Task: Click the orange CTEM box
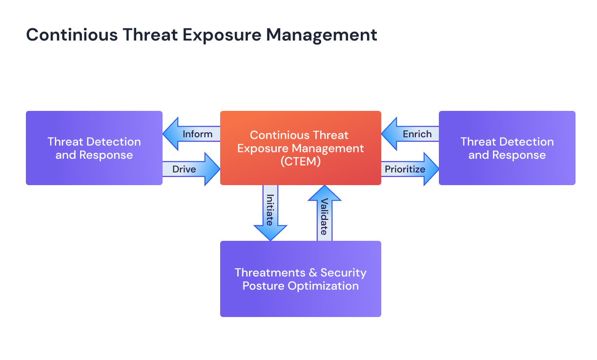tap(300, 148)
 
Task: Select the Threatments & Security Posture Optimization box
tap(300, 279)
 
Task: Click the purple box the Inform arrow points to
tap(94, 148)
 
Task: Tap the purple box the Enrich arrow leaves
tap(507, 148)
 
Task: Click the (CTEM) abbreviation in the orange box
tap(301, 162)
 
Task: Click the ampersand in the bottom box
tap(312, 273)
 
